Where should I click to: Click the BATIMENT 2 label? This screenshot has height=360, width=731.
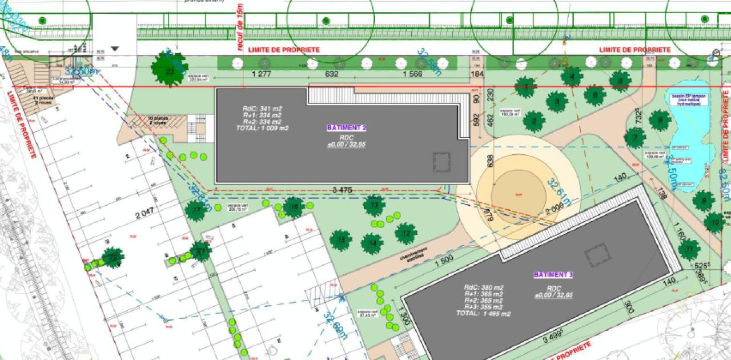pyautogui.click(x=346, y=127)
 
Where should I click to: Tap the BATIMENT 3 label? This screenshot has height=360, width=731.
pyautogui.click(x=553, y=275)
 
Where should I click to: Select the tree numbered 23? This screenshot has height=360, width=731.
pyautogui.click(x=169, y=71)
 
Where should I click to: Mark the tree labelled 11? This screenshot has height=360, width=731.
pyautogui.click(x=689, y=249)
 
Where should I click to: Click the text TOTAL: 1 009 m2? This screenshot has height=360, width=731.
pyautogui.click(x=262, y=128)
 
